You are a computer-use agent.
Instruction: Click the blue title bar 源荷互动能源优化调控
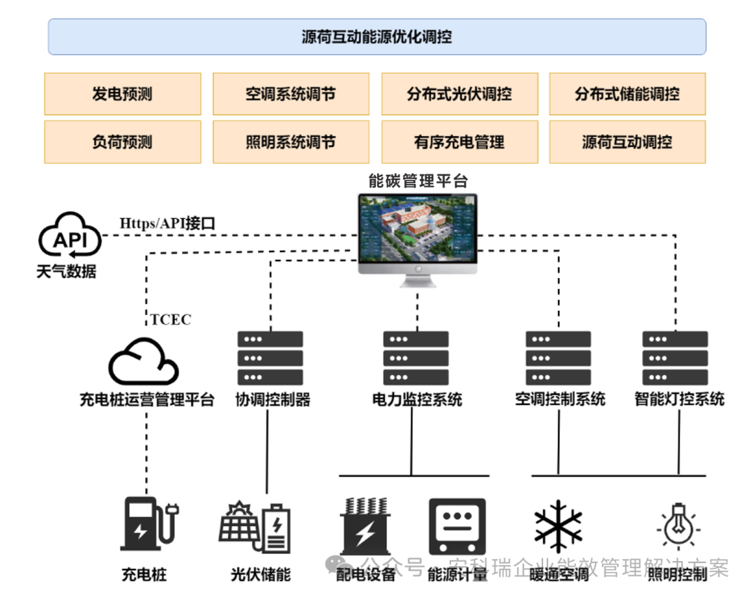point(376,37)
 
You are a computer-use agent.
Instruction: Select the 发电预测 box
point(122,94)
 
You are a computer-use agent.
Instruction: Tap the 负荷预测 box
point(122,142)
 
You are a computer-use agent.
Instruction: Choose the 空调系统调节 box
point(291,94)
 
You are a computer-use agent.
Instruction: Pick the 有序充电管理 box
point(459,142)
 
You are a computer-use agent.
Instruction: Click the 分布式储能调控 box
point(627,94)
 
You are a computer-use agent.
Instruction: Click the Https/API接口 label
point(167,224)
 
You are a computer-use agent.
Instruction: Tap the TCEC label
point(171,320)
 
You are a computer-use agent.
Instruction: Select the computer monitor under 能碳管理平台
point(418,237)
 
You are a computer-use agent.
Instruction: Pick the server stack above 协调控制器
point(271,358)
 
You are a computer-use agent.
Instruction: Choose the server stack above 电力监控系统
point(416,358)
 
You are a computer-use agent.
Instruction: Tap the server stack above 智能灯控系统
point(675,358)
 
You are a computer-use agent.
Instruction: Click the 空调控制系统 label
point(560,399)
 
